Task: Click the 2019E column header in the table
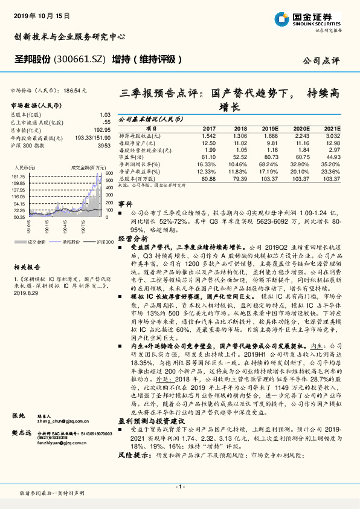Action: click(270, 129)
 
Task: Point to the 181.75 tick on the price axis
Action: click(18, 176)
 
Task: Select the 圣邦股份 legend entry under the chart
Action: click(70, 241)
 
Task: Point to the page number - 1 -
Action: click(179, 487)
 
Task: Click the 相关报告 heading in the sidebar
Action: click(27, 266)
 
